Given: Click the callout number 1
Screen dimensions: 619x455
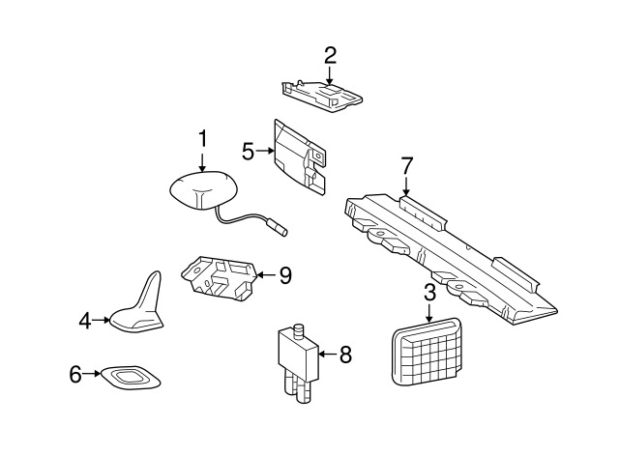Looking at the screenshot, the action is (x=202, y=139).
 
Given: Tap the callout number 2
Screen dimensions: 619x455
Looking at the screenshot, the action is (x=330, y=56).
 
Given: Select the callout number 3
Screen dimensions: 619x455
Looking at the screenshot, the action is (x=429, y=293).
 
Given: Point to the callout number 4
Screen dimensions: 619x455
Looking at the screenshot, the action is (x=85, y=321).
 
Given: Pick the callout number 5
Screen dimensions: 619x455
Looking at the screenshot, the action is (x=248, y=152).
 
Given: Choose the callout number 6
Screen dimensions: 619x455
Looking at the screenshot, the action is (x=75, y=374).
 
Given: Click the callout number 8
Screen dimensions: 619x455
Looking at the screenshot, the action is (x=345, y=355).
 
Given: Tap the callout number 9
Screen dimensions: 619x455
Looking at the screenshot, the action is (x=285, y=275).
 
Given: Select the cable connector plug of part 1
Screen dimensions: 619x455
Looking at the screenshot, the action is (x=279, y=230).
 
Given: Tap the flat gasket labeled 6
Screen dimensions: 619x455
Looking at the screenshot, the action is (x=132, y=376).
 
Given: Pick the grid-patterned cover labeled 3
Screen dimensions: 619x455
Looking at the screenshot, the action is (x=427, y=351).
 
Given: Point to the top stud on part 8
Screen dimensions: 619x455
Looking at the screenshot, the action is (x=300, y=329).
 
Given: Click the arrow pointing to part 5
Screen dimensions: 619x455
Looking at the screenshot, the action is (x=265, y=151).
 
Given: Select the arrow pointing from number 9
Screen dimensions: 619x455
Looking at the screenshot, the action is (x=267, y=274).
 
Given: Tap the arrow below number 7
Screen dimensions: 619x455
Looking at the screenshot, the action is (x=406, y=186).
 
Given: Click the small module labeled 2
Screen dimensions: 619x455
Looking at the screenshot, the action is (x=322, y=97).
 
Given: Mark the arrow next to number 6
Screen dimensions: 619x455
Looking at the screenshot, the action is (x=92, y=374).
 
